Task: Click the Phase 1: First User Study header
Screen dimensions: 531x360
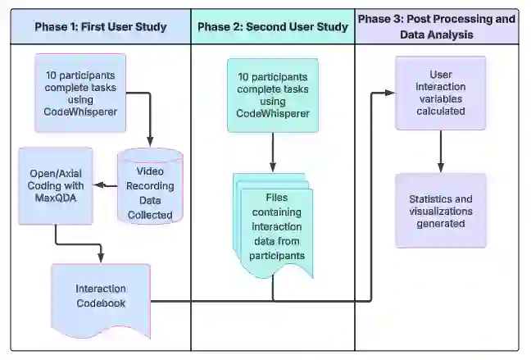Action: pyautogui.click(x=101, y=27)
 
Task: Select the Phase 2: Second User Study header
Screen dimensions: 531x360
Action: pyautogui.click(x=273, y=27)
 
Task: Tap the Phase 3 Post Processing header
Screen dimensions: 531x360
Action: pyautogui.click(x=437, y=27)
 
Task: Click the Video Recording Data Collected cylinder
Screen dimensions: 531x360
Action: pyautogui.click(x=150, y=186)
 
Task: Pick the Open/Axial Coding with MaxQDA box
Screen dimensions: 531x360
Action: pyautogui.click(x=56, y=186)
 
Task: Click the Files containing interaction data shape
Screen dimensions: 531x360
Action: pyautogui.click(x=273, y=226)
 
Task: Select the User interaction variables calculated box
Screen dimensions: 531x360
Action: pyautogui.click(x=441, y=93)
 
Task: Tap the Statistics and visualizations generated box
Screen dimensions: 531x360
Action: pyautogui.click(x=441, y=211)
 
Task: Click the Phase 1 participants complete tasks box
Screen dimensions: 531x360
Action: pyautogui.click(x=80, y=93)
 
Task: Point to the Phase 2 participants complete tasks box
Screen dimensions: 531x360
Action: pyautogui.click(x=273, y=95)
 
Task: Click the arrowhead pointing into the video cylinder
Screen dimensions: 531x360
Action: pyautogui.click(x=150, y=142)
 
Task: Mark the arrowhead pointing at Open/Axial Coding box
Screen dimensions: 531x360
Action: pyautogui.click(x=99, y=185)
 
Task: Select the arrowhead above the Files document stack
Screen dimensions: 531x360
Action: pyautogui.click(x=273, y=167)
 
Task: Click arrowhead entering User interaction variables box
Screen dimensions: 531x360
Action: pyautogui.click(x=390, y=93)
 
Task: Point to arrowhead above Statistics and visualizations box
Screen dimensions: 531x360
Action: pyautogui.click(x=441, y=167)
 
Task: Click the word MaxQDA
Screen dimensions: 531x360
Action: pyautogui.click(x=56, y=198)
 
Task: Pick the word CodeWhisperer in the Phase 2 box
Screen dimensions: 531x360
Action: pyautogui.click(x=273, y=113)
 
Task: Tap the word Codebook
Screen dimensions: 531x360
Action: pyautogui.click(x=101, y=303)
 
